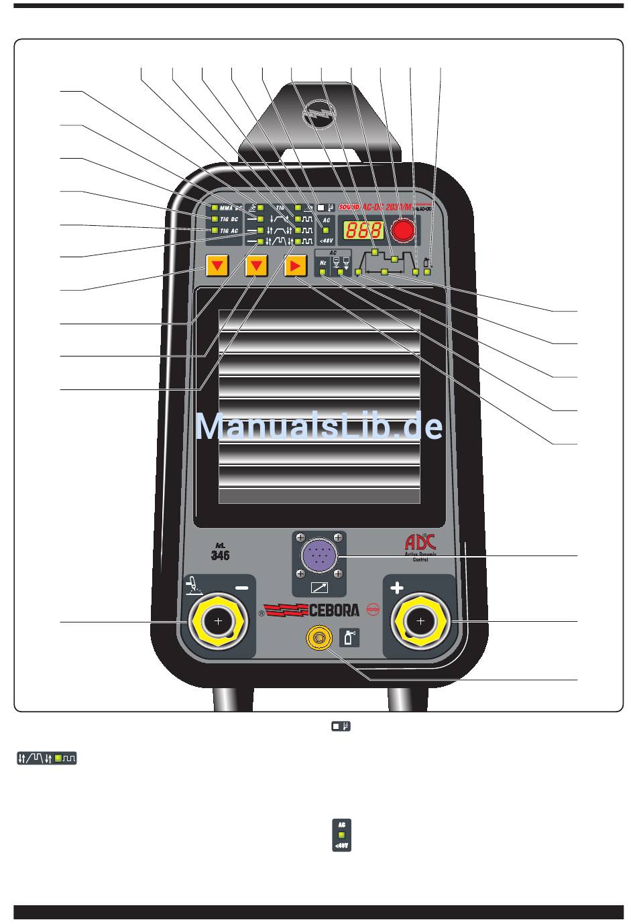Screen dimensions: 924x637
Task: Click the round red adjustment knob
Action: click(402, 230)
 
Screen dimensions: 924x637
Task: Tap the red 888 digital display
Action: click(363, 230)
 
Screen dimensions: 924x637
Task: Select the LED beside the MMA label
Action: click(214, 208)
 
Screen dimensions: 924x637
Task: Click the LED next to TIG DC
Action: click(214, 219)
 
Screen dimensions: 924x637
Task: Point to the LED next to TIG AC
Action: click(214, 230)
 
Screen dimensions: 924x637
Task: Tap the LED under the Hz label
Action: click(323, 273)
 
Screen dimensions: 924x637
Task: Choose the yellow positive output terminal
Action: click(420, 622)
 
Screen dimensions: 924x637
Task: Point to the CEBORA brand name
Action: click(334, 610)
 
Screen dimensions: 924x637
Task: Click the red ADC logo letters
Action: click(420, 541)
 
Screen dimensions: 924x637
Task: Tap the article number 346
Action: click(220, 555)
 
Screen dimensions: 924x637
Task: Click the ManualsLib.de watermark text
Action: click(319, 427)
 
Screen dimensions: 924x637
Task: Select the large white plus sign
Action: click(397, 588)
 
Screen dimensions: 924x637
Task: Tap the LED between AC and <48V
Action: click(326, 230)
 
